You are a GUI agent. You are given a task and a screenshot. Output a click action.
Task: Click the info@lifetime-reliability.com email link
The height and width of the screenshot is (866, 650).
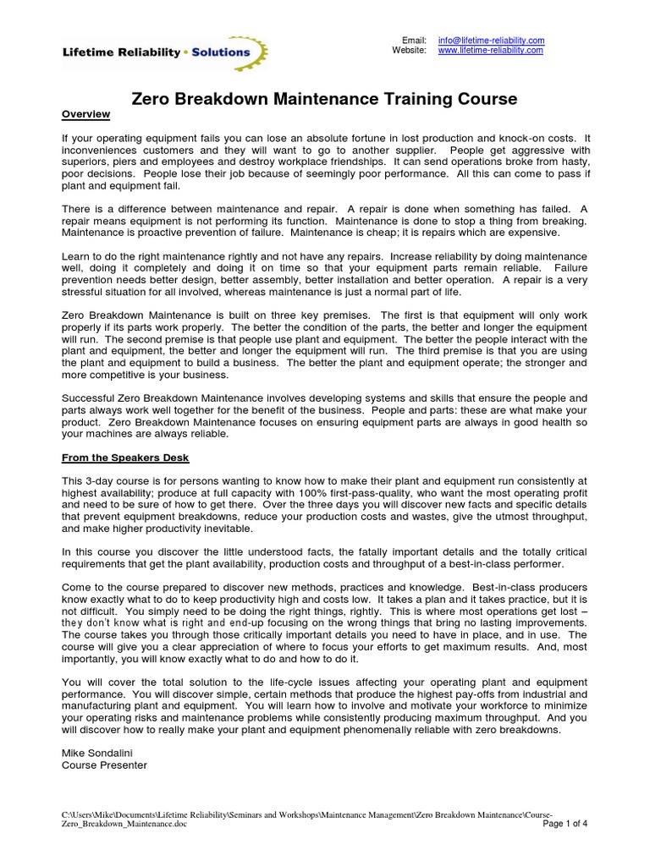[491, 41]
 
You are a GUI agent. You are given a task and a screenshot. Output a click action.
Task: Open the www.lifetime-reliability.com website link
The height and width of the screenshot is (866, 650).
[490, 51]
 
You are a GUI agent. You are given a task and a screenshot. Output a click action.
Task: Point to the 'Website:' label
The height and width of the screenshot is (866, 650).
[409, 51]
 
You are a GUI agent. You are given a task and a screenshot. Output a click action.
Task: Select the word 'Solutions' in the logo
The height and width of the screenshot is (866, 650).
[219, 52]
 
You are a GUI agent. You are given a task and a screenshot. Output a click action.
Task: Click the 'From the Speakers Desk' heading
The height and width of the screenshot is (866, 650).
[126, 458]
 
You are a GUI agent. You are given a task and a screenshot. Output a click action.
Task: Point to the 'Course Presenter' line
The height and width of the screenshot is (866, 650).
[105, 765]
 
